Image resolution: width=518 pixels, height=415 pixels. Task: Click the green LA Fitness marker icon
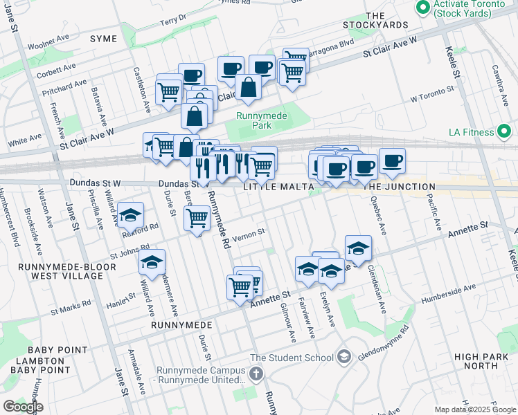(x=505, y=131)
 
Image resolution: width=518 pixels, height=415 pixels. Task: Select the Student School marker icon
(x=344, y=357)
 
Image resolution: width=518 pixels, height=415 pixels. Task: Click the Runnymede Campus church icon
(x=256, y=374)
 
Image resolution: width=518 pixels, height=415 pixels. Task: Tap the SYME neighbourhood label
(x=104, y=39)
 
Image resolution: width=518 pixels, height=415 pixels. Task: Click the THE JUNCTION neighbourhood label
(x=400, y=187)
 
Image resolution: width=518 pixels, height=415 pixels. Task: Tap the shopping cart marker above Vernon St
(x=197, y=218)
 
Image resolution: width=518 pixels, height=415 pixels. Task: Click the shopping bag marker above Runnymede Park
(x=247, y=89)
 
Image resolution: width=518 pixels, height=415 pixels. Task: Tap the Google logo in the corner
(x=22, y=407)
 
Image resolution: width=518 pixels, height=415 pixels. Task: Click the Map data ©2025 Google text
(x=474, y=409)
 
